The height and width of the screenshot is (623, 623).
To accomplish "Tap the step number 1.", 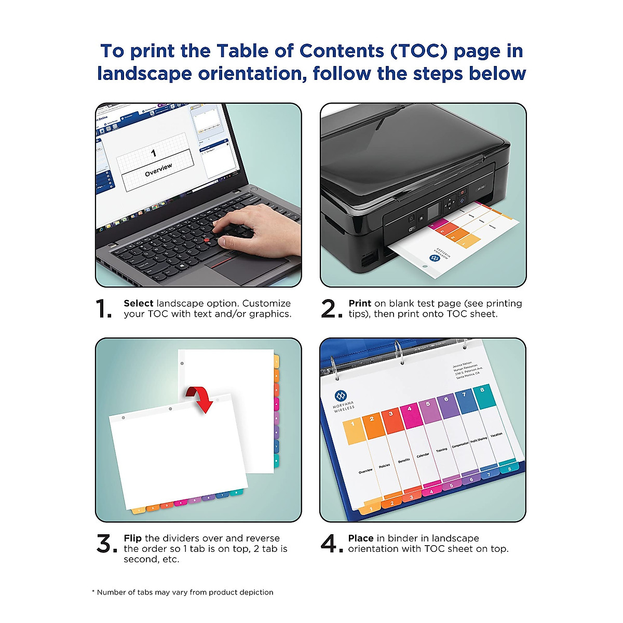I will (104, 309).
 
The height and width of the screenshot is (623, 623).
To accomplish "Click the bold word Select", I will (138, 303).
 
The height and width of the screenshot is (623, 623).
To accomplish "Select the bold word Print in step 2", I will (360, 303).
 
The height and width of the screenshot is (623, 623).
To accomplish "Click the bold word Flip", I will (133, 538).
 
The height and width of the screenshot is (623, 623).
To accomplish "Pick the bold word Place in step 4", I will (361, 538).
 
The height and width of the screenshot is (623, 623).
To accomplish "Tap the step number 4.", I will (331, 545).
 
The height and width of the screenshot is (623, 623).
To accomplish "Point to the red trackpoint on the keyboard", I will (207, 239).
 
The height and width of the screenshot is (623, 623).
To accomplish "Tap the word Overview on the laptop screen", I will (158, 170).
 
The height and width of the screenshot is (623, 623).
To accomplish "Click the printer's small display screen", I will (434, 211).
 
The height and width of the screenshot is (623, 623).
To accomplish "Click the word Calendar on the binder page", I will (423, 455).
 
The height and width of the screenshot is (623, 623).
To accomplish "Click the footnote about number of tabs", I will (182, 592).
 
